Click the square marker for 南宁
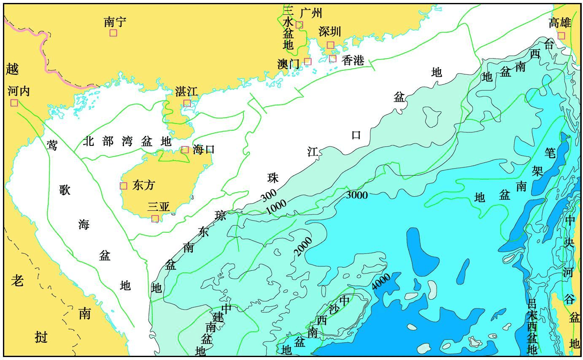pyautogui.click(x=113, y=33)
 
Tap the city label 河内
pyautogui.click(x=19, y=91)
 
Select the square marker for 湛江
pyautogui.click(x=187, y=103)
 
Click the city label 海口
pyautogui.click(x=204, y=149)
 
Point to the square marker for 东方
pyautogui.click(x=124, y=186)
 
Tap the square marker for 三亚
pyautogui.click(x=155, y=218)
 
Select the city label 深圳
pyautogui.click(x=329, y=32)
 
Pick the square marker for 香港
pyautogui.click(x=333, y=59)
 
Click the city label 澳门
pyautogui.click(x=288, y=64)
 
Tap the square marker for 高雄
pyautogui.click(x=561, y=35)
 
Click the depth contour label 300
pyautogui.click(x=269, y=195)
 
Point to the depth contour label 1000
pyautogui.click(x=276, y=207)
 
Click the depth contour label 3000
pyautogui.click(x=357, y=195)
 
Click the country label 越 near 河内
pyautogui.click(x=12, y=69)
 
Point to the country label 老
pyautogui.click(x=17, y=280)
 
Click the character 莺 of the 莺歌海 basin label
pyautogui.click(x=52, y=145)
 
